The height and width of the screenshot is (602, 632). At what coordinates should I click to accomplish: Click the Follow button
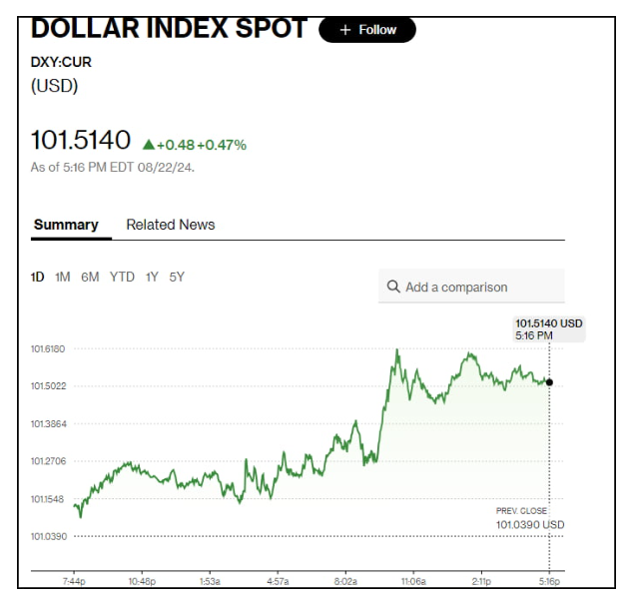coord(366,30)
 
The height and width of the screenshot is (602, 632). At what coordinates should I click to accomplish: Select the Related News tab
coord(170,225)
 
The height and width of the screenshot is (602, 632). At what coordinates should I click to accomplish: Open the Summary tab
coord(66,225)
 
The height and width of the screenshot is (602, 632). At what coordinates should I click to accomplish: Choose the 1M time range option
coord(62,277)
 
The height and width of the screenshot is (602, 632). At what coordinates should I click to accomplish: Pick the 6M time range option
coord(90,277)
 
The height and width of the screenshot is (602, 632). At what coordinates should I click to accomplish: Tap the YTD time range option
coord(122,277)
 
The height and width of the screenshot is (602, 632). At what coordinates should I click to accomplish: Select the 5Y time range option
coord(177,277)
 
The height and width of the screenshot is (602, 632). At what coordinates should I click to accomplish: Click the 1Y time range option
coord(152,277)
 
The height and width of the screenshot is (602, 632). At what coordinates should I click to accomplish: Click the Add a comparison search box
coord(471,287)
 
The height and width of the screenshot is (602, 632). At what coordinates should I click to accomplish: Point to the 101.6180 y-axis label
coord(48,348)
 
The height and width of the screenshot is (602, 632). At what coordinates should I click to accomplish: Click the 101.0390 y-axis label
coord(48,536)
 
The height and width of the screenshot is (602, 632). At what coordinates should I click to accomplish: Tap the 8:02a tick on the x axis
coord(345,581)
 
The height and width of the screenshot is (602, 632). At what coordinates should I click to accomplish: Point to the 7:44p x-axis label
coord(75,581)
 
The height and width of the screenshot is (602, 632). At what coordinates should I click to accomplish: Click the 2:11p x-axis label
coord(481,581)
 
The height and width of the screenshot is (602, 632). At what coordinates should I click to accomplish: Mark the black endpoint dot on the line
coord(549,382)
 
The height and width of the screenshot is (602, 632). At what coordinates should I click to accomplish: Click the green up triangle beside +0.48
coord(148,145)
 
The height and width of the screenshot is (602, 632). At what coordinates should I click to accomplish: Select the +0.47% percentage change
coord(222,145)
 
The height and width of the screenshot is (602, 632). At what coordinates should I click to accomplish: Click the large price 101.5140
coord(81,141)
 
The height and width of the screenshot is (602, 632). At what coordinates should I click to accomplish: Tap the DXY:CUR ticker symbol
coord(62,62)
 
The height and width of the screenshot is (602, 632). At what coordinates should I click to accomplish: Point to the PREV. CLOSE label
coord(521,511)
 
